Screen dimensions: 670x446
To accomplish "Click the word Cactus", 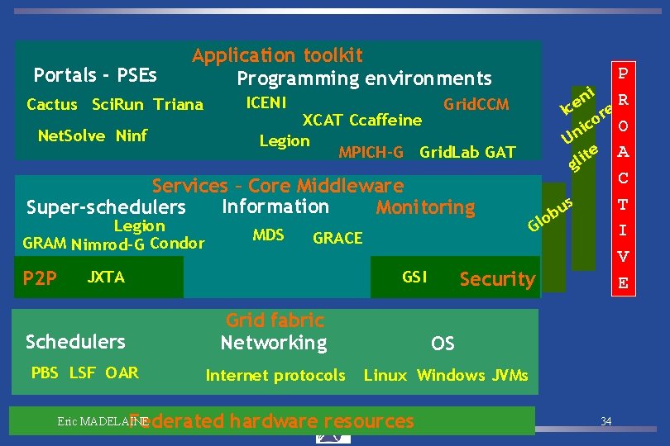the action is point(51,105).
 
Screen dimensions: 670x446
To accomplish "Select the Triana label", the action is point(178,105).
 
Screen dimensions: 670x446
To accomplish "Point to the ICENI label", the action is point(267,103).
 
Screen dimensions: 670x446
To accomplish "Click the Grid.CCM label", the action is point(476,105).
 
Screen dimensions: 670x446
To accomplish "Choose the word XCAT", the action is point(323,121).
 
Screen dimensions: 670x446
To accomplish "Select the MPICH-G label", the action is point(371,152).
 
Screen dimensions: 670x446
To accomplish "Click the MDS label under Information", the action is point(268,235).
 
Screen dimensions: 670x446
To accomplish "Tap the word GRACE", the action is point(337,239).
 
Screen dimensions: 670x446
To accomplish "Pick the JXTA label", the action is point(106,278).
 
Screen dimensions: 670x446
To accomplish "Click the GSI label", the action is point(414,278).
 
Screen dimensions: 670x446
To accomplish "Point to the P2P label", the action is point(40,279).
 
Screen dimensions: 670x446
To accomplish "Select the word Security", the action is point(497,279).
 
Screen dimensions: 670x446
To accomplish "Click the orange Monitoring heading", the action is point(425,207).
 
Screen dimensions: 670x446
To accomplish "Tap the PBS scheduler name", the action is point(45,372).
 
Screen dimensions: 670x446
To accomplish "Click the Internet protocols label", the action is point(275,376).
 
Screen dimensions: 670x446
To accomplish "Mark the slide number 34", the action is point(606,422).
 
